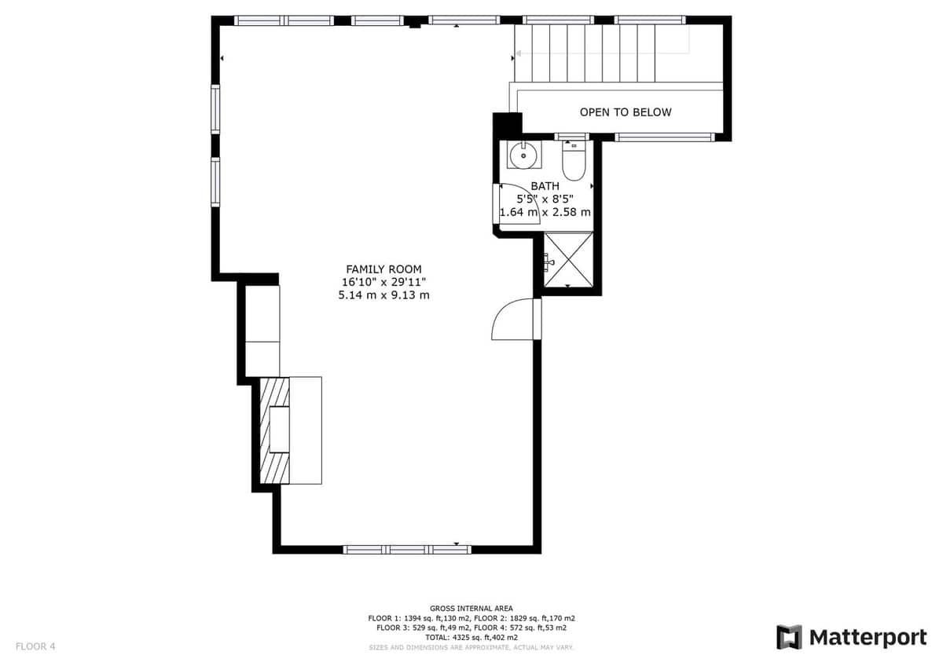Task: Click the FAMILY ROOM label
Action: [x=383, y=269]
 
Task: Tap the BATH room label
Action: [x=545, y=186]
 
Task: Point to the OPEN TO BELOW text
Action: [x=626, y=112]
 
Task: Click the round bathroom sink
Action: [x=523, y=156]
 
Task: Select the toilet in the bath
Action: [x=574, y=161]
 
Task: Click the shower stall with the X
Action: [x=568, y=260]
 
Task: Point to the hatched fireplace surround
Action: [x=274, y=430]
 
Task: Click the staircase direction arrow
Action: [x=603, y=53]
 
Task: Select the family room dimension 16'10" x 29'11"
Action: [x=383, y=282]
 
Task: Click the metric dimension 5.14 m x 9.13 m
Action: [x=383, y=295]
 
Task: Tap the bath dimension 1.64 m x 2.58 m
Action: [x=545, y=212]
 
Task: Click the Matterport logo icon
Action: [x=789, y=638]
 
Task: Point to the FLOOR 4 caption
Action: [x=35, y=646]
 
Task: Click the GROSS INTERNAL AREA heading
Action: [x=471, y=609]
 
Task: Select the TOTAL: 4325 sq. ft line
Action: [x=471, y=638]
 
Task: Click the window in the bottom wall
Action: [x=407, y=550]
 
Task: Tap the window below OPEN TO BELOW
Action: [x=665, y=137]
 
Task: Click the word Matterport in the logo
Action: [x=868, y=638]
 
